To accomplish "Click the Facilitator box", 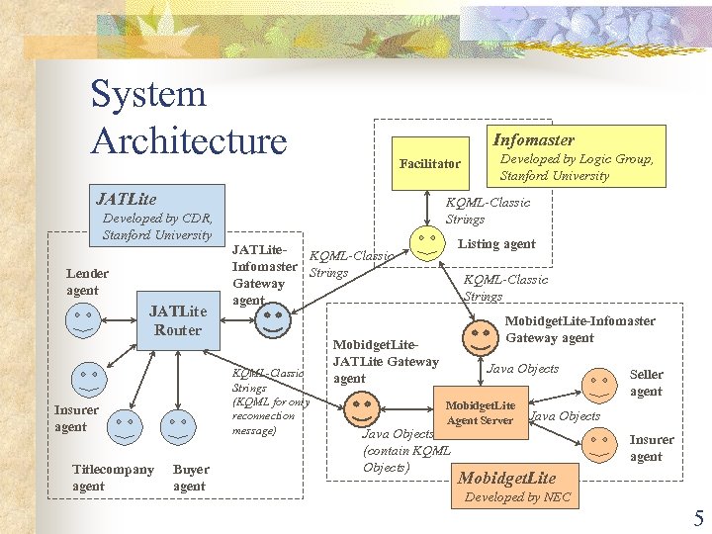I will point(429,163).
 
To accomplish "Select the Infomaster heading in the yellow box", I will point(533,140).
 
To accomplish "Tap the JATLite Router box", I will point(177,320).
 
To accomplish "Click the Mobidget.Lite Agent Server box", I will point(480,412).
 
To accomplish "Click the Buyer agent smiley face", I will point(178,426).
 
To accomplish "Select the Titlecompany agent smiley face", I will point(125,425).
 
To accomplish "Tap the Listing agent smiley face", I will point(426,244).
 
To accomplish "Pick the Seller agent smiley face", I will point(598,383).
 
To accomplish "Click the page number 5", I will point(698,517).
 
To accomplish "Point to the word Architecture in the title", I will point(188,140).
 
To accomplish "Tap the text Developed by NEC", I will point(517,497).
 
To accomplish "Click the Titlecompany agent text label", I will point(113,478).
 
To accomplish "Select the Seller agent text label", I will point(646,383).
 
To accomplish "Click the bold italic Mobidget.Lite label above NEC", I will point(506,478).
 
